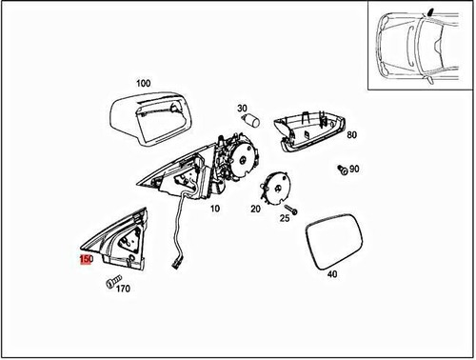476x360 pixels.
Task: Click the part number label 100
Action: click(x=143, y=84)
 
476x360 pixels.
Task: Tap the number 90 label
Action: click(x=354, y=170)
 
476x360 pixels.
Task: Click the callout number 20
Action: click(x=255, y=208)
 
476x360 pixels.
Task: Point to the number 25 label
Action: click(x=284, y=219)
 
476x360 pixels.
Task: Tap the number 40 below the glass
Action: click(x=331, y=274)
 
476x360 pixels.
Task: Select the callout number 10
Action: click(x=214, y=208)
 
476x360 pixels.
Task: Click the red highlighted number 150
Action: click(x=86, y=259)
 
